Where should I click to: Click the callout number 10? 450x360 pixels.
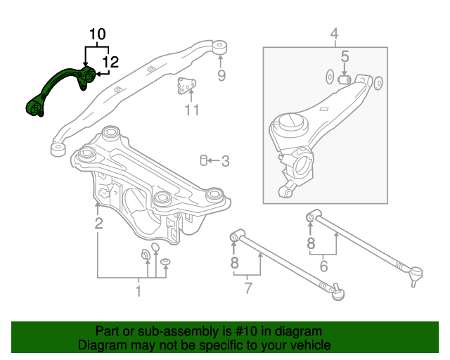tap(97, 34)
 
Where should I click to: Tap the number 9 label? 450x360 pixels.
tap(221, 76)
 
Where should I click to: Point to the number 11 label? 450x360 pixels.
tap(192, 110)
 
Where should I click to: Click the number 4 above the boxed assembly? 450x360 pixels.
tap(334, 34)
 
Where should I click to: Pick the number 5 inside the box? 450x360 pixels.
tap(345, 56)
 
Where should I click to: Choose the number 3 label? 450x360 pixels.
tap(225, 162)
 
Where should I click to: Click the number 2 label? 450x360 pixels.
tap(98, 224)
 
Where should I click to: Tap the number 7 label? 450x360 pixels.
tap(247, 287)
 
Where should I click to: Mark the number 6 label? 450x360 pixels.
tap(324, 266)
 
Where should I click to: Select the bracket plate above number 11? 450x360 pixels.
tap(186, 86)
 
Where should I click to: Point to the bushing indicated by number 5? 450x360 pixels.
tap(345, 80)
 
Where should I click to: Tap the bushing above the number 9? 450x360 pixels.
tap(220, 47)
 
